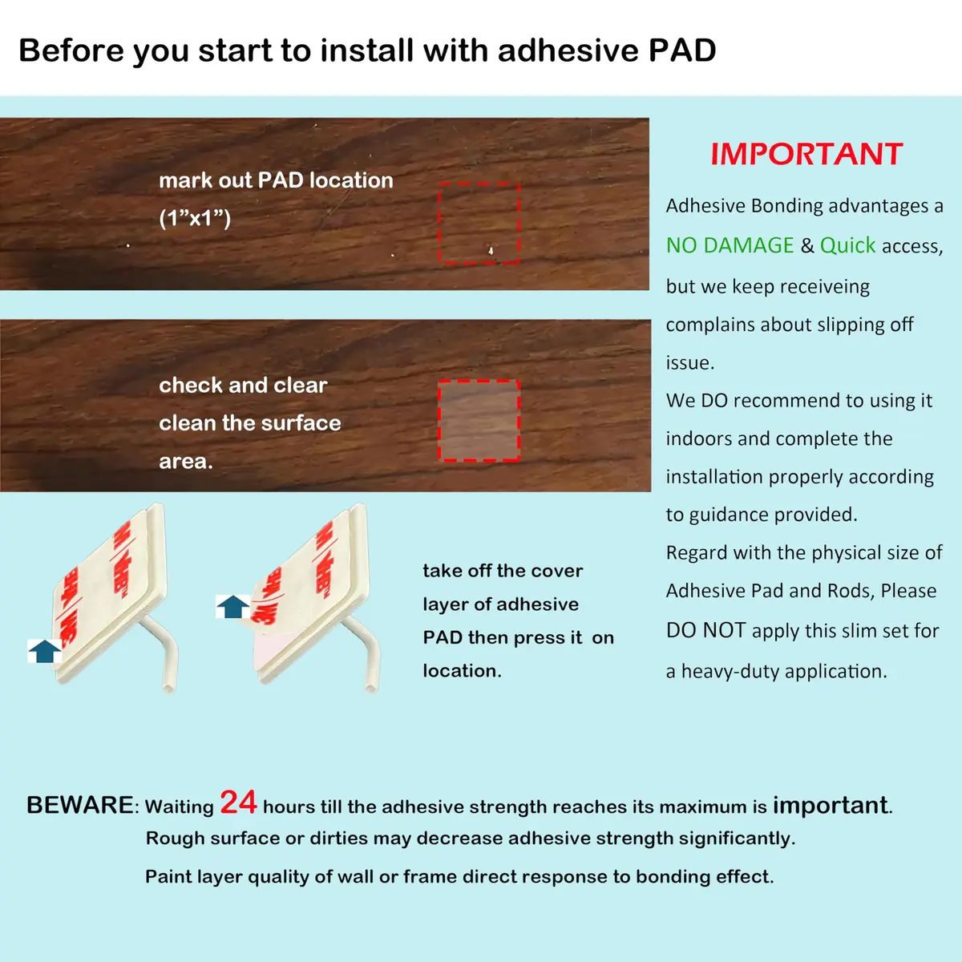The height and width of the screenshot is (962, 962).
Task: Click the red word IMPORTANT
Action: [x=806, y=154]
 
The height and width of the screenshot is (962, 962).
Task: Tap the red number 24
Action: [x=238, y=802]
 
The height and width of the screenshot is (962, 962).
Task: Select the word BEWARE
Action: [x=80, y=805]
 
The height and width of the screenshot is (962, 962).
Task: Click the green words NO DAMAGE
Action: [x=730, y=245]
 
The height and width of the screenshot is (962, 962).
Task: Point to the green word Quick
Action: [x=847, y=245]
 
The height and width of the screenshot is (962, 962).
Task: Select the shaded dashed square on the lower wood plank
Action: [x=479, y=420]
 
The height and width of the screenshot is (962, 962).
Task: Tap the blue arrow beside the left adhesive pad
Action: [x=45, y=651]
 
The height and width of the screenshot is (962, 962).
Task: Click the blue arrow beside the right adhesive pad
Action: [x=232, y=607]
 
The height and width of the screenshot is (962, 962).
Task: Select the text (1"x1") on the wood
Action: [x=195, y=218]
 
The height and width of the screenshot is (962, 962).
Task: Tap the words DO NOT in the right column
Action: [x=706, y=631]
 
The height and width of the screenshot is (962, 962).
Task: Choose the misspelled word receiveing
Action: [x=825, y=286]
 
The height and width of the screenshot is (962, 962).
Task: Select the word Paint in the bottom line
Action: [x=168, y=876]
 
